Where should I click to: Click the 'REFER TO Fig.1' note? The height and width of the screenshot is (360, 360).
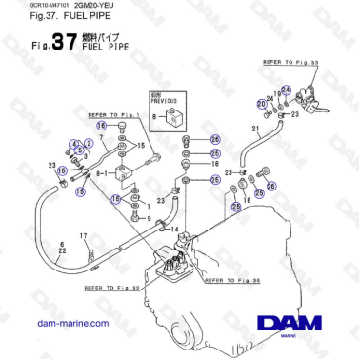coord(112,113)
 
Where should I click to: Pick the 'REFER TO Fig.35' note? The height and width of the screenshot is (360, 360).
coord(231,280)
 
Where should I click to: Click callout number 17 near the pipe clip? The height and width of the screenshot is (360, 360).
coord(83,235)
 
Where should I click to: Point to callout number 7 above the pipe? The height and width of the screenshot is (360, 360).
coord(99,139)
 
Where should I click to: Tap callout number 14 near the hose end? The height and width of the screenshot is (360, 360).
coord(174,230)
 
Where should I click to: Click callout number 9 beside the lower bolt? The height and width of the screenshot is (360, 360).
coord(150,218)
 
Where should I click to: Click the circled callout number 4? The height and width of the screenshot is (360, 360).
coord(71,144)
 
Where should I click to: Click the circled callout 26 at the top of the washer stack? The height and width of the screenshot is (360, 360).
coord(214,139)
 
